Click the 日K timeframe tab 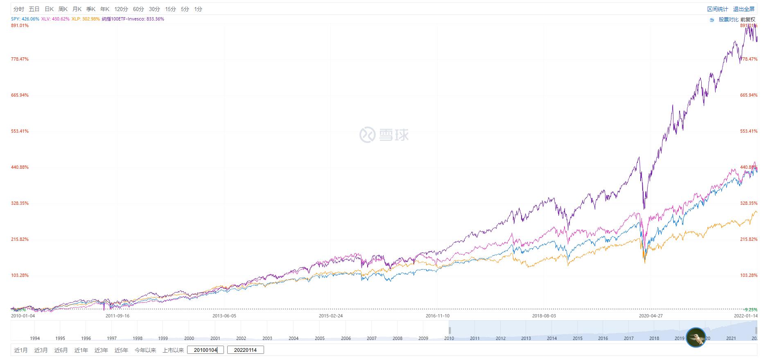click(x=49, y=9)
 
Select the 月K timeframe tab click(x=77, y=9)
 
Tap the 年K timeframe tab click(x=105, y=9)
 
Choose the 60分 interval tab click(x=138, y=9)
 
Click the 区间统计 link click(x=718, y=9)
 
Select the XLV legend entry click(x=55, y=19)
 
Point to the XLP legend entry click(x=86, y=19)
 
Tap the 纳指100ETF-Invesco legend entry click(x=133, y=19)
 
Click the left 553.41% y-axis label click(x=20, y=131)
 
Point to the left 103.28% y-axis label click(x=20, y=275)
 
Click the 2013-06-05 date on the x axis click(x=224, y=316)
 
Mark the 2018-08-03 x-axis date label click(x=544, y=316)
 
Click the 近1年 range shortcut click(x=81, y=350)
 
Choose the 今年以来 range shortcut click(x=145, y=350)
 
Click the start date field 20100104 click(x=206, y=350)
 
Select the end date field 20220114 click(x=245, y=350)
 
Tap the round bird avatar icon click(x=696, y=337)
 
